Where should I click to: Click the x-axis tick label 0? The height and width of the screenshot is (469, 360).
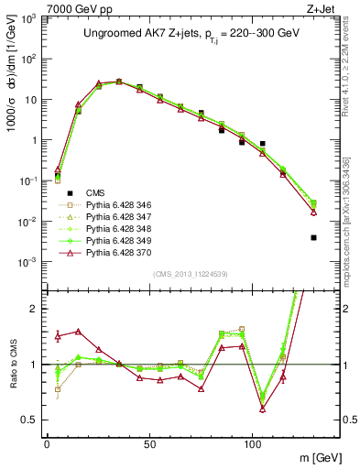[47, 444]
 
